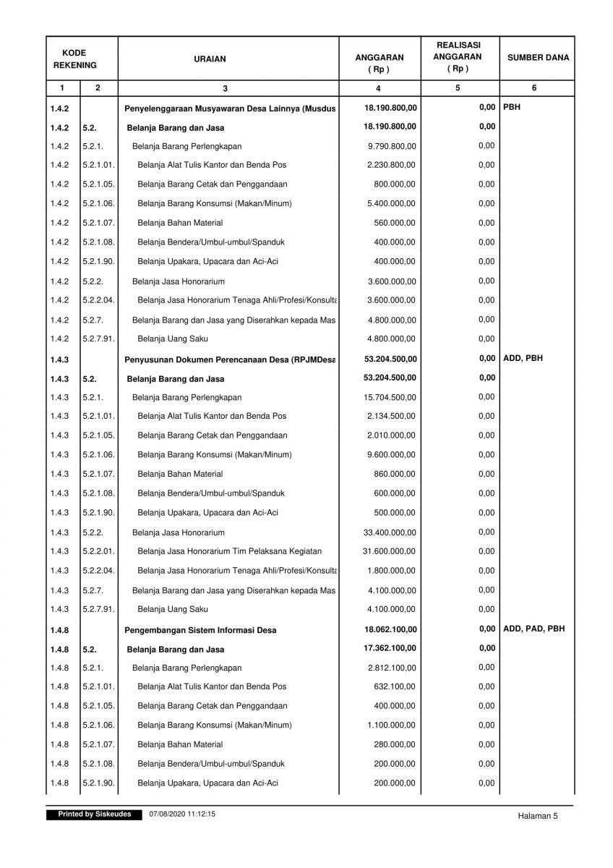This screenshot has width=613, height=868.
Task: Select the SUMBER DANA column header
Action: [537, 58]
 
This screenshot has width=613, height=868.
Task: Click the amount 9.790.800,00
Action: [392, 146]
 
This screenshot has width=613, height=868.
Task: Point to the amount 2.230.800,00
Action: [392, 165]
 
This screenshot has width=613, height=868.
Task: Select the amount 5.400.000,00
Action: [392, 204]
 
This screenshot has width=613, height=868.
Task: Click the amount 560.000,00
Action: [395, 223]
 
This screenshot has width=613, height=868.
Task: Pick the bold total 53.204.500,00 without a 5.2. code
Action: [390, 359]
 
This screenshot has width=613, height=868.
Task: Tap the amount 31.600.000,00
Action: [390, 551]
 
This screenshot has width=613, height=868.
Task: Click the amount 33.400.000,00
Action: [390, 532]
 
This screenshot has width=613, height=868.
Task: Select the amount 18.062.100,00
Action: [390, 629]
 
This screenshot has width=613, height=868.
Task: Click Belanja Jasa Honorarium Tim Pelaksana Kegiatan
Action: [229, 551]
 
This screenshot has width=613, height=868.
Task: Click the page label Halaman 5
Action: [538, 816]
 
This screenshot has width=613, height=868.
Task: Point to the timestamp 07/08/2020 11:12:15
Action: [183, 814]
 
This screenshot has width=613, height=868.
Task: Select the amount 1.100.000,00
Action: [392, 726]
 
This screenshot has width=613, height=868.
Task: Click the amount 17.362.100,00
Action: [390, 648]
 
